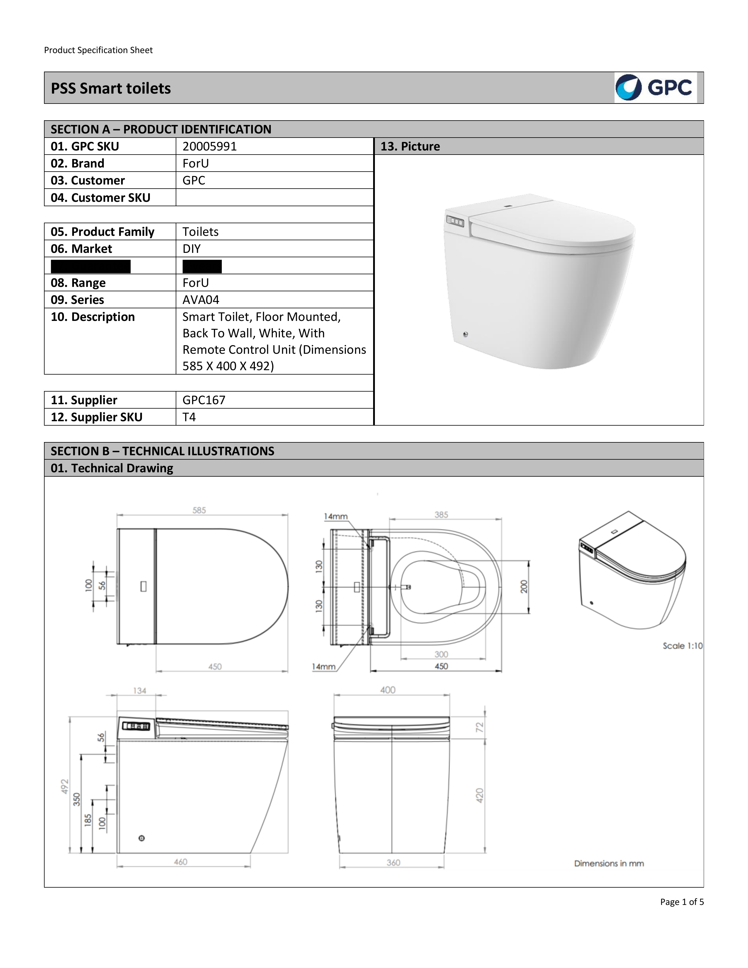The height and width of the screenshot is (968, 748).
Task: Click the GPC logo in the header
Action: [x=655, y=88]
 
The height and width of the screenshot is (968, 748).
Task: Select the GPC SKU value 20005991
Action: [x=210, y=146]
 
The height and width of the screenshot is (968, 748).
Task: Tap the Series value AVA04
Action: [x=201, y=299]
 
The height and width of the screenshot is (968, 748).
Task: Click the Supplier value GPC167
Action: [x=204, y=400]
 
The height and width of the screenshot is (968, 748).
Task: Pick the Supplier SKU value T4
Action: [x=189, y=417]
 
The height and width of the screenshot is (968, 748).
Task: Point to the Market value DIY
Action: [x=192, y=249]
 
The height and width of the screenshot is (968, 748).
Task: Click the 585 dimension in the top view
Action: [x=199, y=510]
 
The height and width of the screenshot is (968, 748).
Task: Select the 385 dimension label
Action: [x=441, y=515]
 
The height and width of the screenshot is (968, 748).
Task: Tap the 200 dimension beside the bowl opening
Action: [x=524, y=586]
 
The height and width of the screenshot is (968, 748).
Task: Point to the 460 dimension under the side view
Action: [x=180, y=862]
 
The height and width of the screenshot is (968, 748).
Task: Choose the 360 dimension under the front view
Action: [x=393, y=862]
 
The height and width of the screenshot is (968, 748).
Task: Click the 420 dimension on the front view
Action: [x=480, y=795]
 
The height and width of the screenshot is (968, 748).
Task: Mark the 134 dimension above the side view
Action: [x=140, y=691]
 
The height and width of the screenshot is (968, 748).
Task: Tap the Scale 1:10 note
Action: [x=682, y=646]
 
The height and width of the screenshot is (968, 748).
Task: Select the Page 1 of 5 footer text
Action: [x=681, y=901]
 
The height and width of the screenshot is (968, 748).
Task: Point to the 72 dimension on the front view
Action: [x=480, y=727]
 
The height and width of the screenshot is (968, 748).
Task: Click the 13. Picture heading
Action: [x=410, y=146]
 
